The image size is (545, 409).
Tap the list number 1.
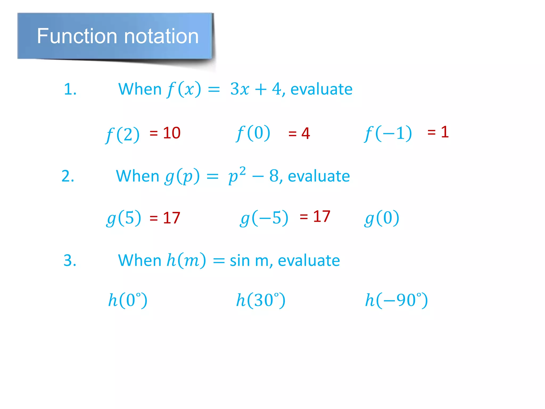(70, 89)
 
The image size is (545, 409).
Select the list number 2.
(68, 176)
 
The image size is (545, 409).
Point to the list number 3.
(70, 260)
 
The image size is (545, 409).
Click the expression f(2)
(122, 134)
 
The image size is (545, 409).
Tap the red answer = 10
(165, 133)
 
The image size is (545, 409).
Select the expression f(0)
(253, 133)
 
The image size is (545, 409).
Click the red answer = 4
(299, 133)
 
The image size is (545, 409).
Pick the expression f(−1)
(388, 133)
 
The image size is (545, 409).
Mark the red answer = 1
(438, 132)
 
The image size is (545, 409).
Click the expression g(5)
(124, 218)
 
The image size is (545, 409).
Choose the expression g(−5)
(264, 218)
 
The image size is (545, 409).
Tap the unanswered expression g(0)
(382, 218)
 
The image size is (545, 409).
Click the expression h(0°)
(128, 300)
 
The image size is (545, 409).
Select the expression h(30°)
(261, 300)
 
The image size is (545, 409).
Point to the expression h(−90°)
(397, 300)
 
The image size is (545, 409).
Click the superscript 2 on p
(242, 171)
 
